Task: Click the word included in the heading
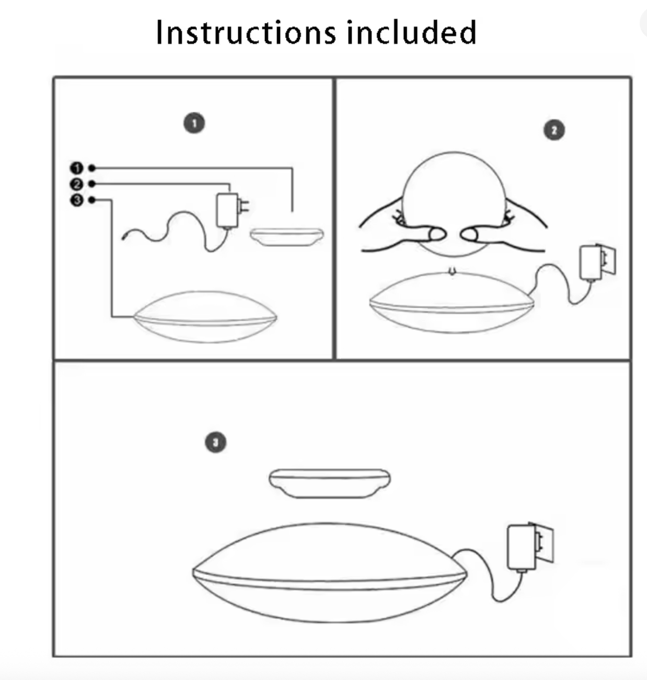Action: (x=411, y=32)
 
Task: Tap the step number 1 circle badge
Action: (x=194, y=123)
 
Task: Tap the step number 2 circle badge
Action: (x=554, y=130)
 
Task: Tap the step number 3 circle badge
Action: (x=215, y=443)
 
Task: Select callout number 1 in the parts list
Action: (x=77, y=168)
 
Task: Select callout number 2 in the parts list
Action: (x=77, y=184)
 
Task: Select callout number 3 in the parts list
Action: (x=77, y=200)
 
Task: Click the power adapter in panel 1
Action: (x=228, y=210)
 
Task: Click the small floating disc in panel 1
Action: (x=286, y=236)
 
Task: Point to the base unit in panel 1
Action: (x=205, y=318)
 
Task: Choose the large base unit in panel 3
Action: (x=329, y=573)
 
